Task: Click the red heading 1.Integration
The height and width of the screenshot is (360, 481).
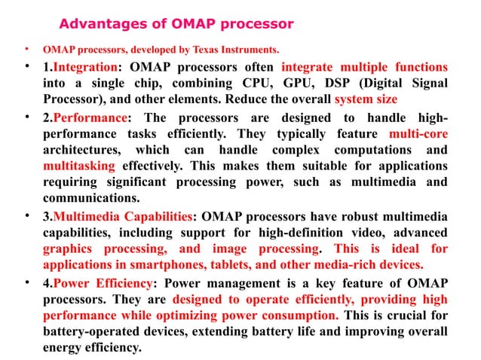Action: tap(78, 67)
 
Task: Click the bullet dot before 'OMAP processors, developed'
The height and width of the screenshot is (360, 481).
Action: tap(27, 51)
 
